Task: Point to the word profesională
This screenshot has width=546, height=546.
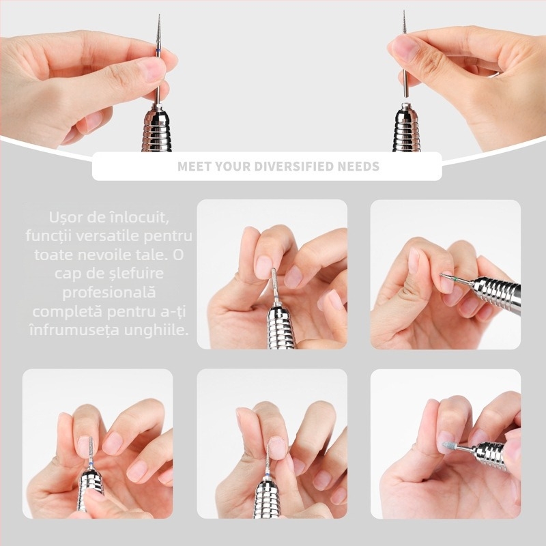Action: point(109,292)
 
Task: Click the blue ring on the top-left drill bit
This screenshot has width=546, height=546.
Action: point(158,52)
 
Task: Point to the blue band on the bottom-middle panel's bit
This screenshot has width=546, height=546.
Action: point(267,475)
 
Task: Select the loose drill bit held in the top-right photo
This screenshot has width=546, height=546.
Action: point(405,56)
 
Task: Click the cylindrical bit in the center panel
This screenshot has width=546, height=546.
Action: point(274,282)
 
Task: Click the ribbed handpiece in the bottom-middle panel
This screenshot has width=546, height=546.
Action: point(266,499)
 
